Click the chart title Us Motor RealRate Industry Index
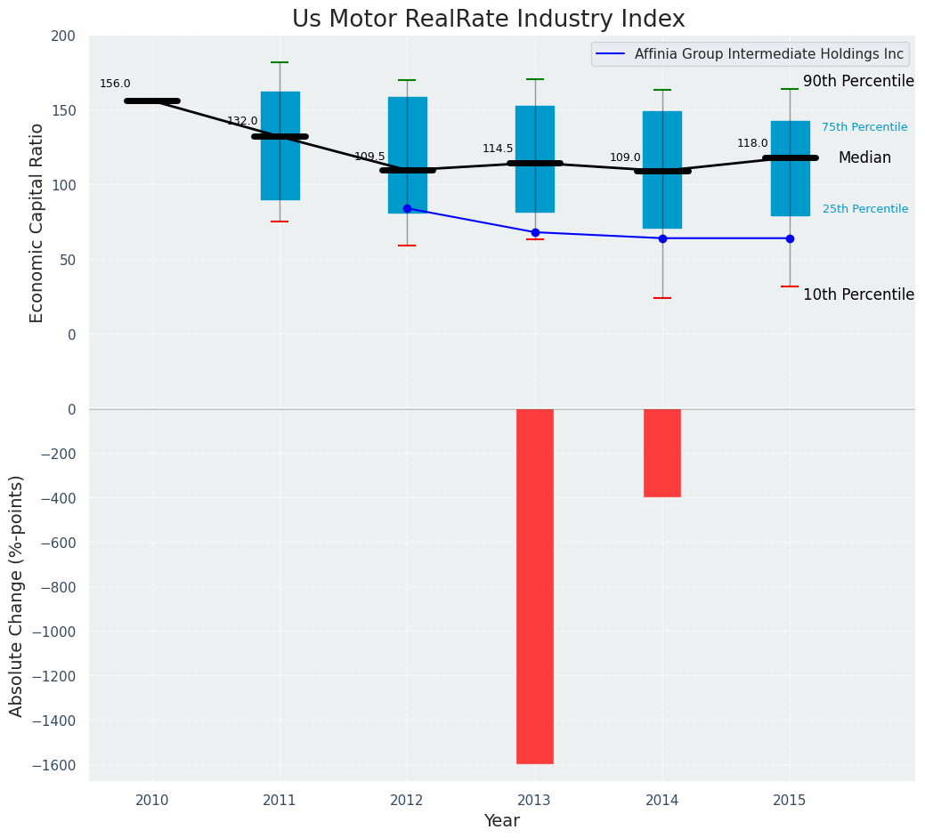(488, 20)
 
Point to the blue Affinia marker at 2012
(407, 208)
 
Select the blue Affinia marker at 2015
(790, 238)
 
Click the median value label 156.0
(115, 85)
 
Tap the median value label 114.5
(498, 149)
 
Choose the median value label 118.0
(752, 143)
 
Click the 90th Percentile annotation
(858, 82)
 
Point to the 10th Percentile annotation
(858, 295)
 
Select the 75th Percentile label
(864, 127)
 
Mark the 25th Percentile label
(864, 209)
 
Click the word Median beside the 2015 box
(864, 157)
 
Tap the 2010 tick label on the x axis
(152, 801)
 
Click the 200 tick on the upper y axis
(64, 36)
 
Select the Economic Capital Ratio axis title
(37, 222)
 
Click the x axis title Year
(501, 821)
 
